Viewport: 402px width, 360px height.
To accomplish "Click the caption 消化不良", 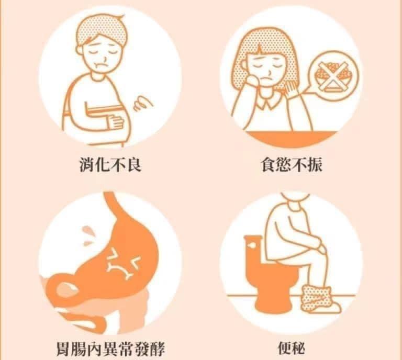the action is click(x=110, y=164).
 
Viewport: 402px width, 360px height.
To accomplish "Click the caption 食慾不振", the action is click(x=292, y=164).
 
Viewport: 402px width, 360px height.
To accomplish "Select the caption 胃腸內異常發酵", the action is click(x=110, y=348).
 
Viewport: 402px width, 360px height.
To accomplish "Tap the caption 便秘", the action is click(x=292, y=348).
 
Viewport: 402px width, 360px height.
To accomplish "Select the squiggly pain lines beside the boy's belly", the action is click(x=142, y=103).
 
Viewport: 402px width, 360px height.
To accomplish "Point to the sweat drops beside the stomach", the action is click(x=88, y=235).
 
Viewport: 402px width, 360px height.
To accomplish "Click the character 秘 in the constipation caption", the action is click(x=298, y=348).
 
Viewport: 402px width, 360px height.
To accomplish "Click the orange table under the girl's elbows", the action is click(x=292, y=139).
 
